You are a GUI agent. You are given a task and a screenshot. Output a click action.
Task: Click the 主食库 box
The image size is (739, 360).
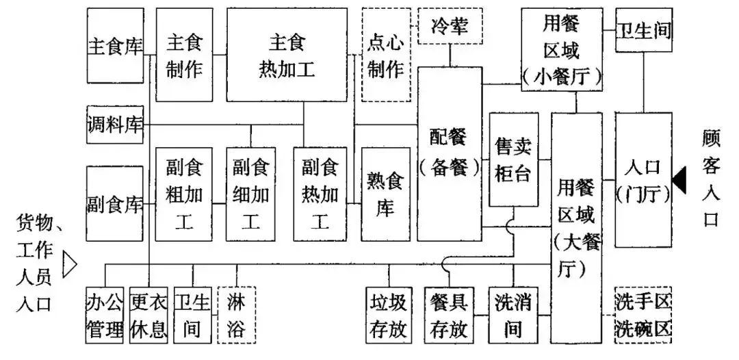coord(115,46)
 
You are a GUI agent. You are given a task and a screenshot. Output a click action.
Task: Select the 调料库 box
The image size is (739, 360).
coord(115,125)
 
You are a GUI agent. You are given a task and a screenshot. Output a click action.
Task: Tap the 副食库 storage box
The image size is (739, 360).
coord(115,203)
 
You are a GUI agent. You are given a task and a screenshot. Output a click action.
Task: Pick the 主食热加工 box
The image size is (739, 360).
coord(287,55)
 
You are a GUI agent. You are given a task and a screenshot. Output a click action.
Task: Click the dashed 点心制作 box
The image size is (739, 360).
coord(385,55)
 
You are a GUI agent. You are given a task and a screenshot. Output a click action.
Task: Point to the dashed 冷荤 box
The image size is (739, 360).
coord(450,26)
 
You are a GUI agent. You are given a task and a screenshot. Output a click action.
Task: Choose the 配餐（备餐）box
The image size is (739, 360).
coord(450,153)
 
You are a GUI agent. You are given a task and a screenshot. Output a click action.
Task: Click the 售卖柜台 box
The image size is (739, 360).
coord(513,159)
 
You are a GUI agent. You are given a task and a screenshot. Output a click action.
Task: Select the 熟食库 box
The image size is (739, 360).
coord(385,194)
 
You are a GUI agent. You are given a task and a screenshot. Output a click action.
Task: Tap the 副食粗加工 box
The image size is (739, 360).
coord(184,194)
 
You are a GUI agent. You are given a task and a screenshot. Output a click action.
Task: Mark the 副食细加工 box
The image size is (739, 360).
coord(250,194)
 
